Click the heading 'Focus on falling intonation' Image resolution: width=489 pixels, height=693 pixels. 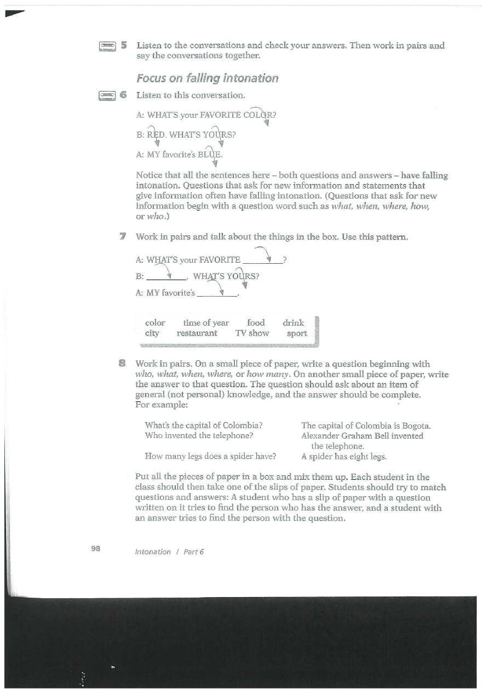pyautogui.click(x=207, y=78)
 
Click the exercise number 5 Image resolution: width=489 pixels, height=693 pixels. pyautogui.click(x=123, y=45)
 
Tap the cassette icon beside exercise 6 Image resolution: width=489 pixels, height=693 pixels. pyautogui.click(x=107, y=95)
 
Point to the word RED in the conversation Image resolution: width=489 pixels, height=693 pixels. pyautogui.click(x=155, y=135)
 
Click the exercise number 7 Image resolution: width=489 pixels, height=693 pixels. pyautogui.click(x=123, y=237)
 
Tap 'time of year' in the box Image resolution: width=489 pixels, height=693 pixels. pyautogui.click(x=206, y=323)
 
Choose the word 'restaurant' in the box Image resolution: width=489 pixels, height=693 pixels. pyautogui.click(x=197, y=333)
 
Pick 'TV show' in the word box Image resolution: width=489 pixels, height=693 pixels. pyautogui.click(x=252, y=333)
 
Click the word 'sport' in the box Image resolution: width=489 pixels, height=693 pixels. pyautogui.click(x=297, y=333)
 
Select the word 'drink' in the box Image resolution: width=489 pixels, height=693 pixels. pyautogui.click(x=293, y=323)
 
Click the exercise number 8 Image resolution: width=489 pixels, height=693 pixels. pyautogui.click(x=123, y=363)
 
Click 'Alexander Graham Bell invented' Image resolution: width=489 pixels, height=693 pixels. pyautogui.click(x=362, y=436)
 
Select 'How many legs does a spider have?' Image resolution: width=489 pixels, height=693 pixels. pyautogui.click(x=210, y=456)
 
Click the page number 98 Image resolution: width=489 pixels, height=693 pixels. pyautogui.click(x=96, y=549)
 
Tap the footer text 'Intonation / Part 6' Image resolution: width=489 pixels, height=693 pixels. pyautogui.click(x=169, y=552)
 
